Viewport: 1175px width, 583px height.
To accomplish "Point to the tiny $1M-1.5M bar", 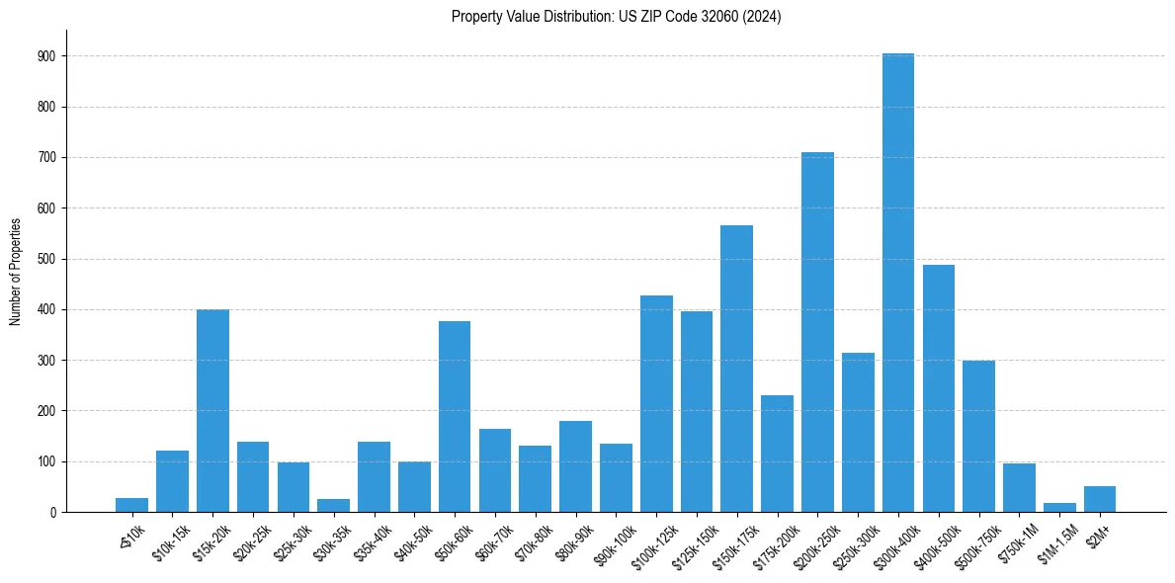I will click(x=1059, y=508).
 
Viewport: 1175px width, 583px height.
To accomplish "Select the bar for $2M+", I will click(x=1100, y=499).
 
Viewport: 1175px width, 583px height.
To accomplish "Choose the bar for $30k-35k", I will click(x=333, y=506).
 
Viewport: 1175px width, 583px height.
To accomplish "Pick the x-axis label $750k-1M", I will click(x=1017, y=540).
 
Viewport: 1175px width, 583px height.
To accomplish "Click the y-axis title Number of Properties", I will click(x=15, y=271).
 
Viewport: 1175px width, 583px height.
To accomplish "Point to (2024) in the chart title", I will click(x=763, y=17).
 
